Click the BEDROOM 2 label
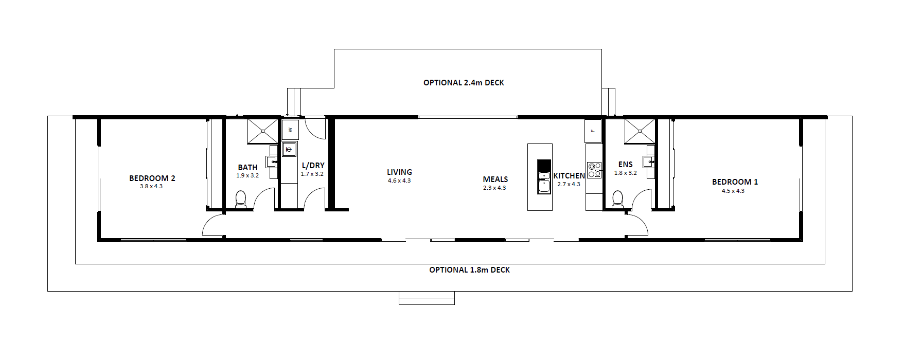152,178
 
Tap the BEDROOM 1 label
735,182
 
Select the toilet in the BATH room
241,200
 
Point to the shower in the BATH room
262,131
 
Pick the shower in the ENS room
640,131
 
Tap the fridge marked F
593,131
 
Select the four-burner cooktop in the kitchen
595,170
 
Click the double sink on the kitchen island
544,183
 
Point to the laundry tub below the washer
289,150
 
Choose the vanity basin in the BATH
272,161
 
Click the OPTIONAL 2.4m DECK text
464,83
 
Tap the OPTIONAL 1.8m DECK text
470,270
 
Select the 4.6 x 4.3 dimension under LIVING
399,181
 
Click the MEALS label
495,179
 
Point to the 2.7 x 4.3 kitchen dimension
569,184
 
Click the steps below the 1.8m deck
427,298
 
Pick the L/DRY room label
313,166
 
